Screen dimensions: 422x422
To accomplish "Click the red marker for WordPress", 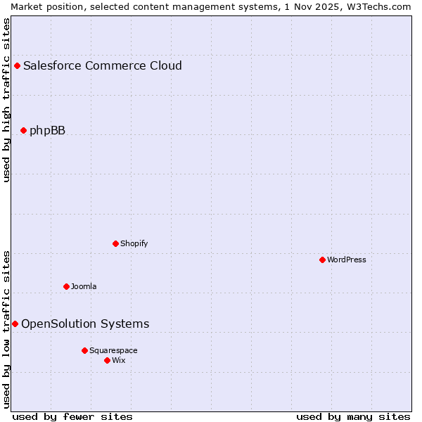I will [322, 260].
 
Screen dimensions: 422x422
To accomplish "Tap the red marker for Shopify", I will [115, 243].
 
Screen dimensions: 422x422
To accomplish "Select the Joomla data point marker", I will [66, 286].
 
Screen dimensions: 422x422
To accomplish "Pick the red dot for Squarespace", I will [84, 350].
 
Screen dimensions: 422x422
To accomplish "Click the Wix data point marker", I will [107, 360].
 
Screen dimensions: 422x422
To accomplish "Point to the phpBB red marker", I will [23, 130].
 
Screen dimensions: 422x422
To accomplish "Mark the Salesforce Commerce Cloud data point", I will [17, 66].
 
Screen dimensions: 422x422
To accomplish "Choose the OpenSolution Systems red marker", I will [15, 324].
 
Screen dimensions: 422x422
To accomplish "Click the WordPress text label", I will [347, 260].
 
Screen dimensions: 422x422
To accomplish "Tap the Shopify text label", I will [134, 243].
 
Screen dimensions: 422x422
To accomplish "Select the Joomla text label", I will [84, 286].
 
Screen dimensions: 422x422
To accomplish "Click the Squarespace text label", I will [113, 350].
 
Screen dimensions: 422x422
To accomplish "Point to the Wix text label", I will [119, 360].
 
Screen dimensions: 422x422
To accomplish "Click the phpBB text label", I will [47, 130].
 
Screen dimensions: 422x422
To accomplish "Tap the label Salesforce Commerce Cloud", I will [103, 66].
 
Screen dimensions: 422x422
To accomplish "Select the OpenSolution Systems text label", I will [85, 324].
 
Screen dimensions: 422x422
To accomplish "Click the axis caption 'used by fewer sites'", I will [72, 416].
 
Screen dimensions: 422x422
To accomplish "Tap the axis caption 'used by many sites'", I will [353, 416].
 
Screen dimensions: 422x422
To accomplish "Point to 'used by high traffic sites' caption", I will [7, 100].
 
